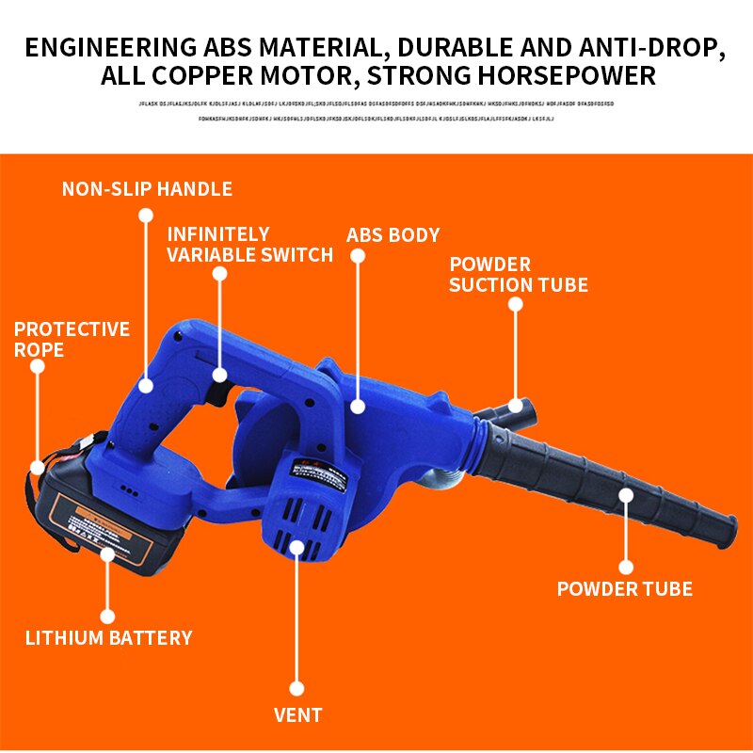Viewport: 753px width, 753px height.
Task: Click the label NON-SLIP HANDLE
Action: (147, 189)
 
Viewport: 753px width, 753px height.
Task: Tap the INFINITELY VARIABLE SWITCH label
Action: (249, 245)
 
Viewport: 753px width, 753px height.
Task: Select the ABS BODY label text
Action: (393, 235)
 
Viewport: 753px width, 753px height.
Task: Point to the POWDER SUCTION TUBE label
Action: (518, 274)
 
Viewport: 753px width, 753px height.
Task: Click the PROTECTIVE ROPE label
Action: (72, 340)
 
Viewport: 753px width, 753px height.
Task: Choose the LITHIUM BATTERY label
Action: (108, 638)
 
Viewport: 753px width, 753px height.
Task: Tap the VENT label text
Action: (297, 715)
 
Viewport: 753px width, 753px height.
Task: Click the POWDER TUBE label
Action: (624, 590)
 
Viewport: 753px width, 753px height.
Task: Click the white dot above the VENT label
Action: (297, 688)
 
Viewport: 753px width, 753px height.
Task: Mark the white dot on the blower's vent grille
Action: (297, 546)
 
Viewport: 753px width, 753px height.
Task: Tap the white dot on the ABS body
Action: (358, 407)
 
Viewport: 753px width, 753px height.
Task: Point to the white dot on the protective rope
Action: (37, 466)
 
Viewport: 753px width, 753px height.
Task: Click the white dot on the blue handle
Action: (146, 385)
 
